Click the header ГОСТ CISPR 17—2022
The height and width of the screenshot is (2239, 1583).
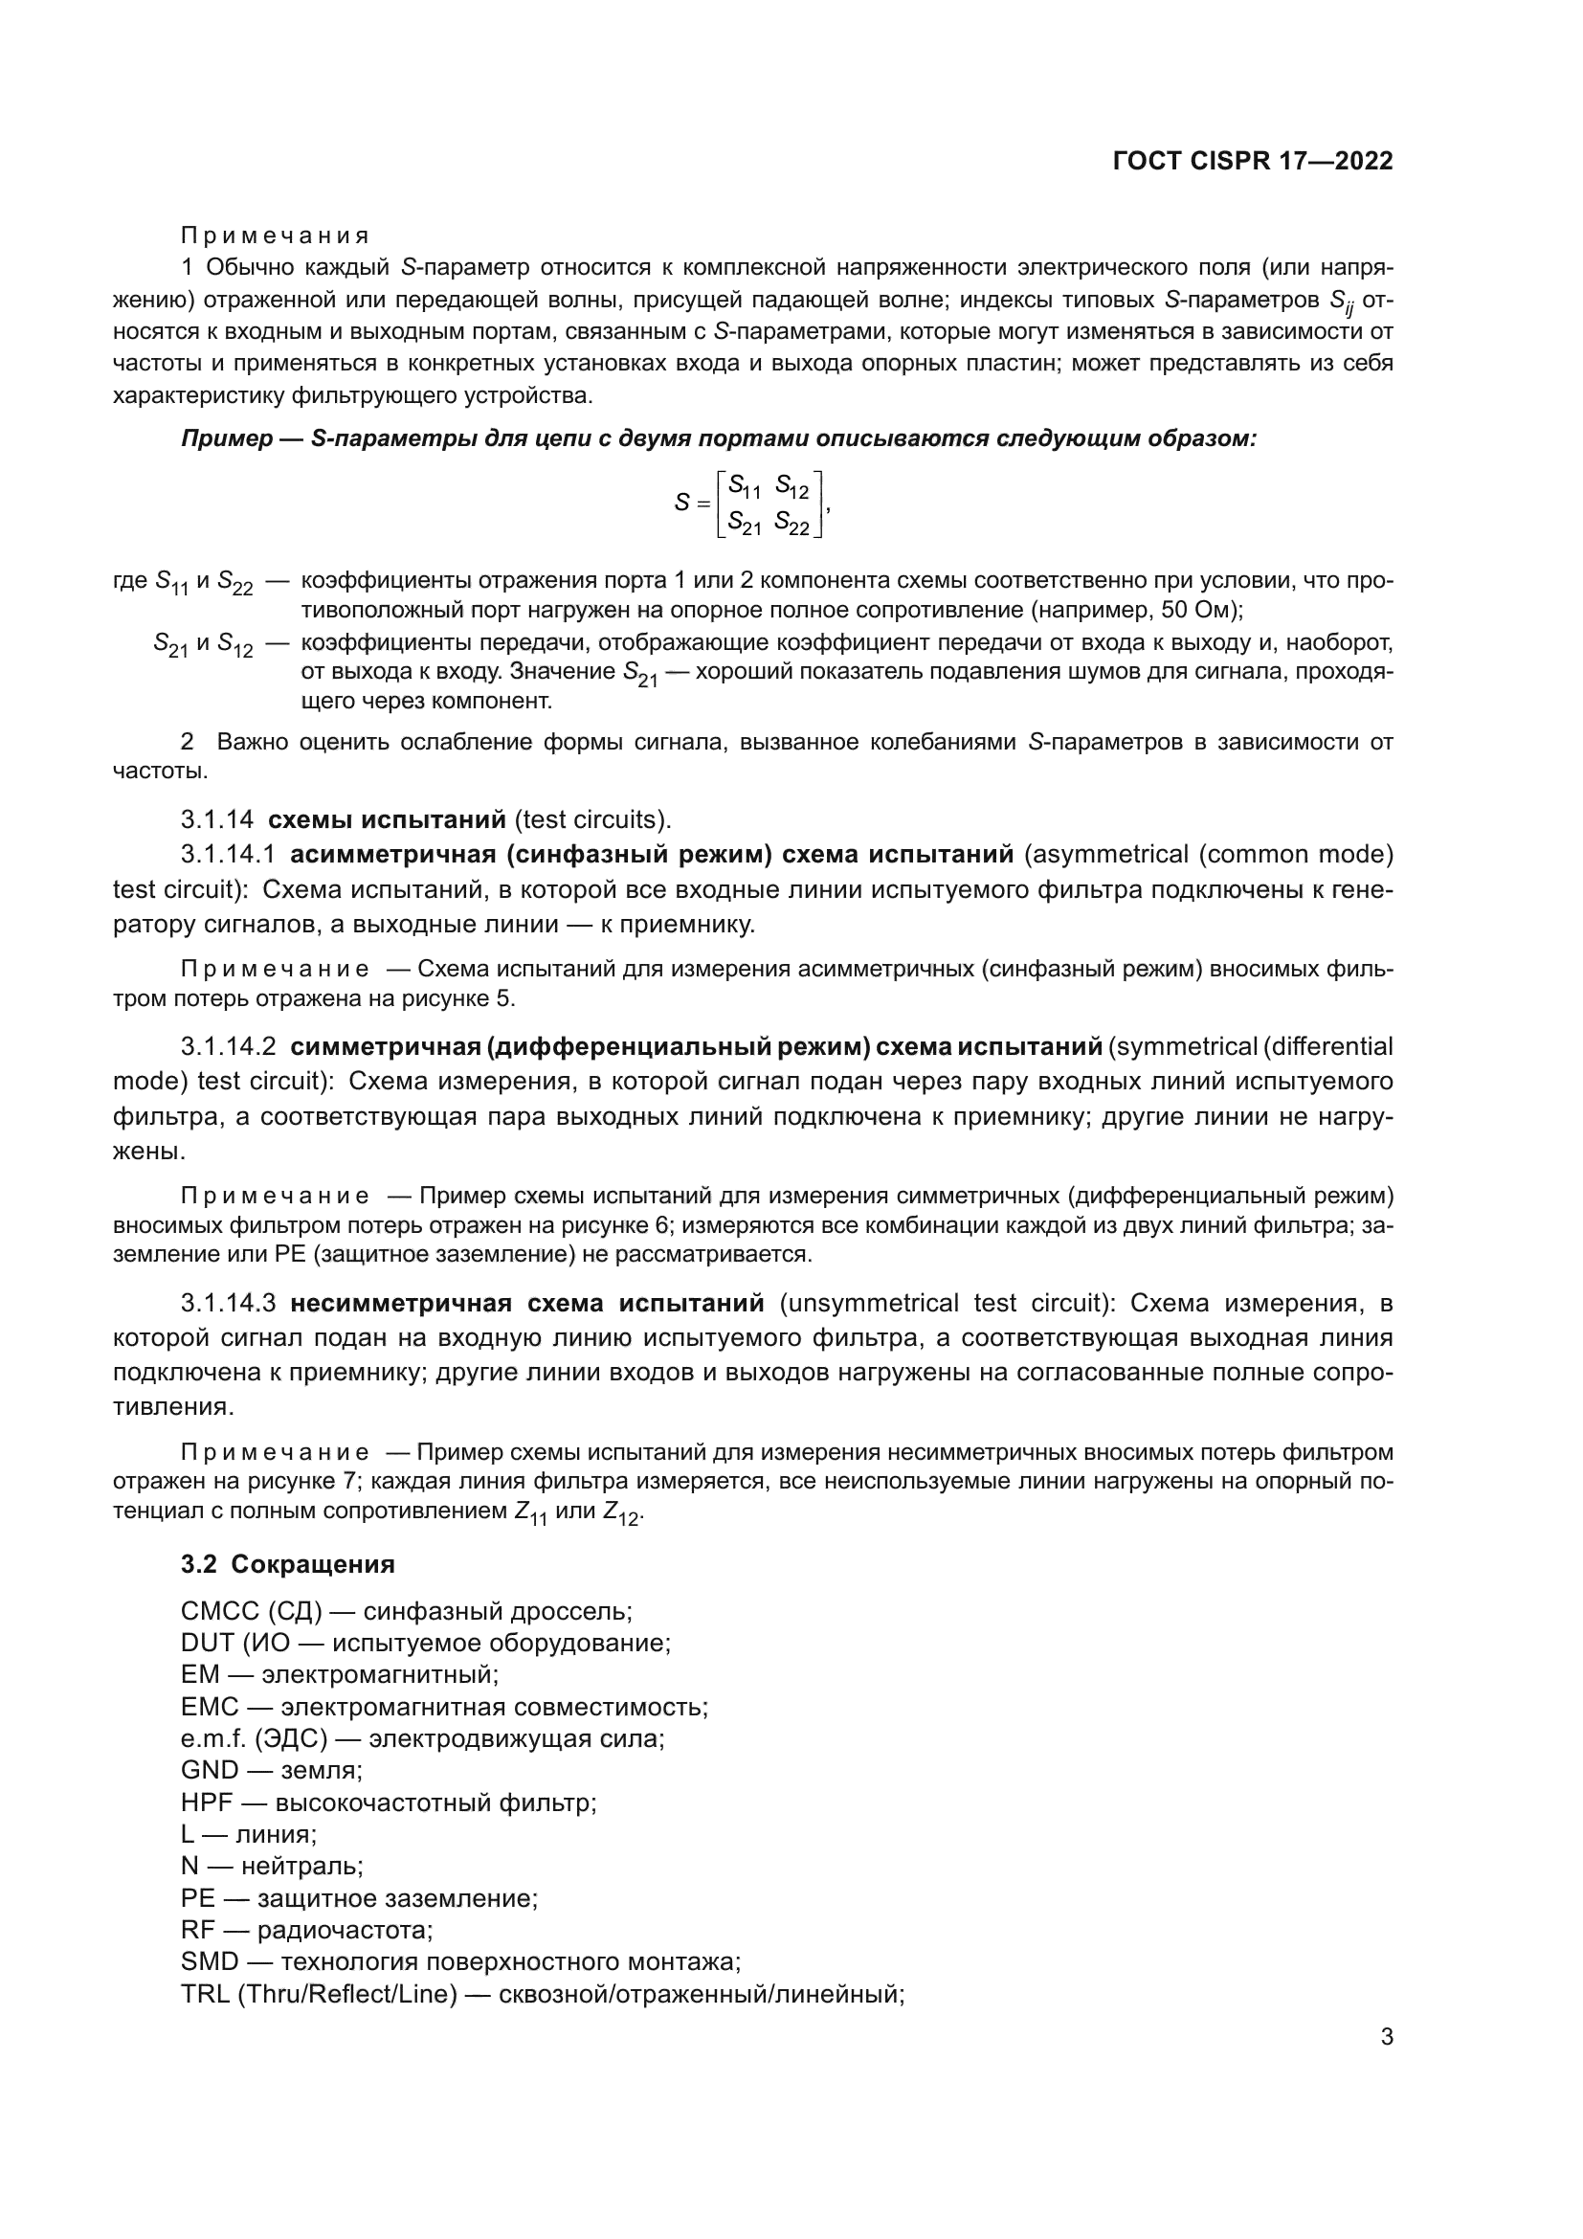point(1252,161)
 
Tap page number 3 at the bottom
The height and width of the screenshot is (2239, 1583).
point(1386,2036)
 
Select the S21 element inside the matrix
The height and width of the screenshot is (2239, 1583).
point(744,523)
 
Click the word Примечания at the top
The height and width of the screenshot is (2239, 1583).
point(275,236)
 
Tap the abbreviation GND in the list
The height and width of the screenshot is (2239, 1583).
point(210,1770)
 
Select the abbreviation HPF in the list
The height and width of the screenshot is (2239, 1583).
point(210,1802)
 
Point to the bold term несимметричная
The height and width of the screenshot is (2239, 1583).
point(401,1304)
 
